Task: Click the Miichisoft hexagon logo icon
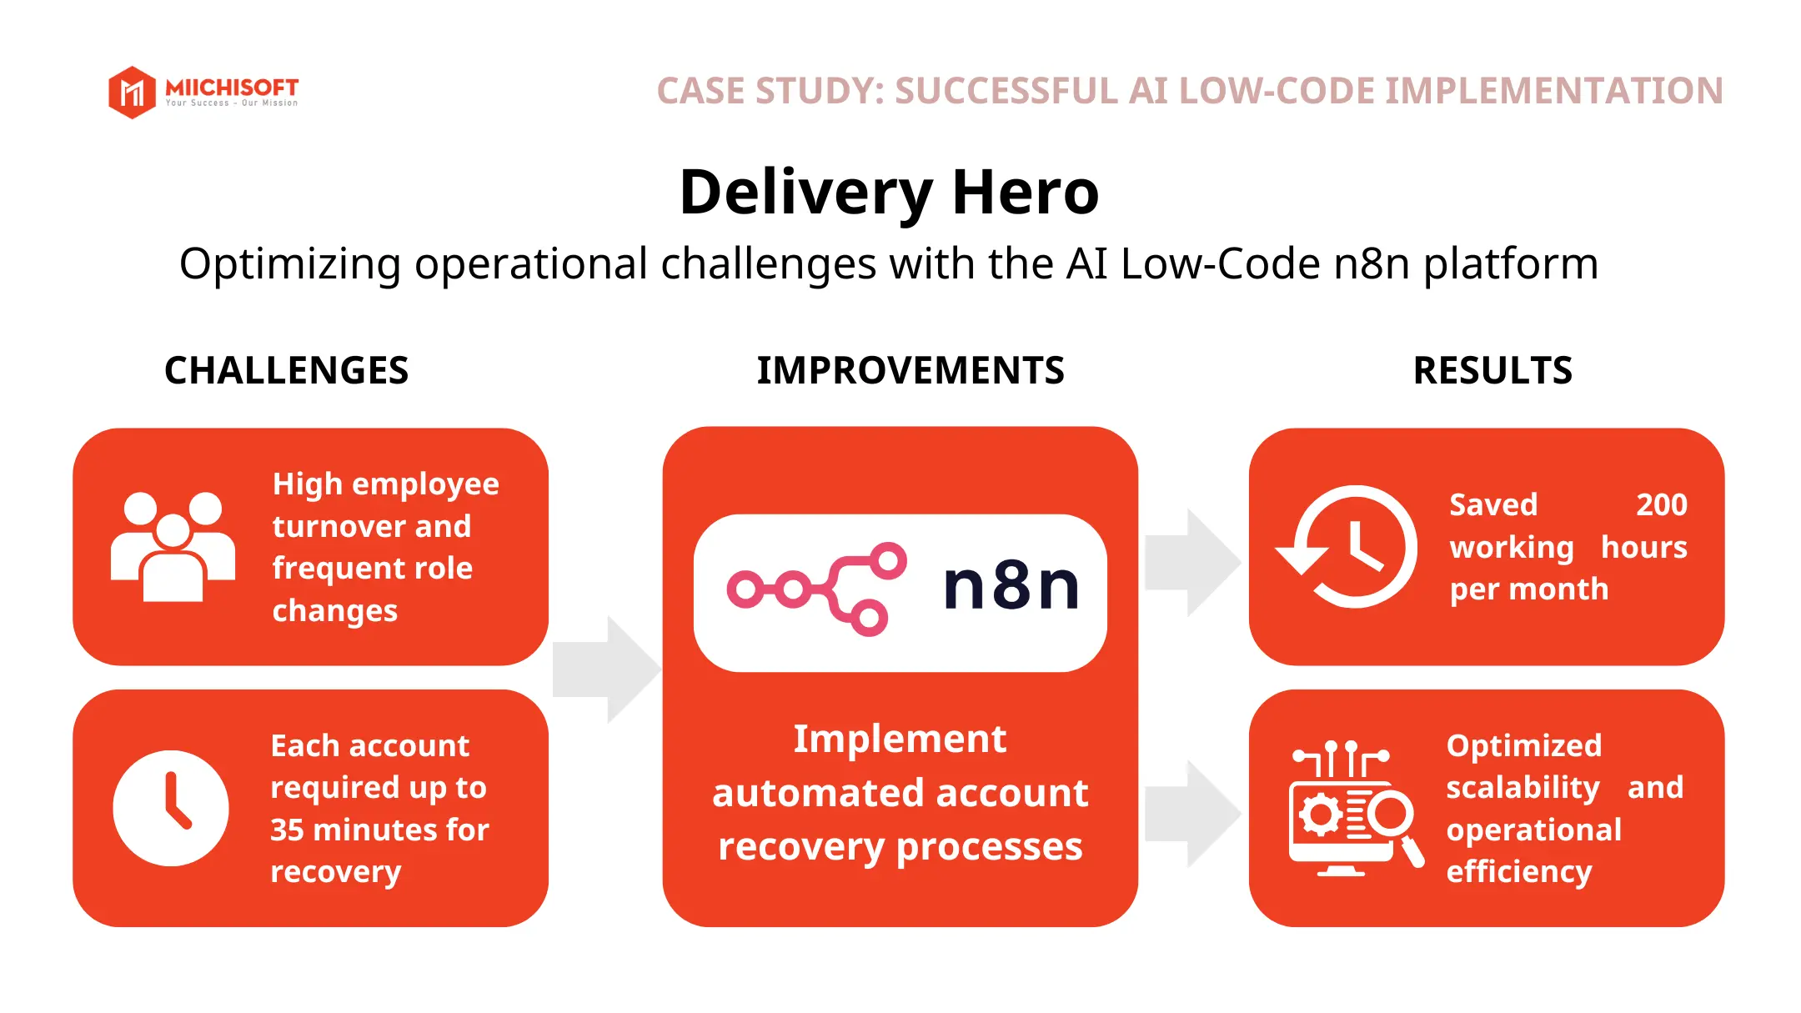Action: pos(132,92)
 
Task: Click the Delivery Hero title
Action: pos(889,193)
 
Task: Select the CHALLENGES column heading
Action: pos(286,370)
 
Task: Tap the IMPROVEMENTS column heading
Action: pos(910,370)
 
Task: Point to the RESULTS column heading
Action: pos(1492,370)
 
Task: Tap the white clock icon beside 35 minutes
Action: pos(171,808)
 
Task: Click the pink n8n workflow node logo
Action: pos(816,589)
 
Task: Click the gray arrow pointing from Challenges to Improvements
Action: pos(606,669)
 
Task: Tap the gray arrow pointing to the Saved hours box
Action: pos(1192,563)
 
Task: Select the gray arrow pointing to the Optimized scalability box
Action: pos(1192,814)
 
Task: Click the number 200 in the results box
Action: pos(1661,505)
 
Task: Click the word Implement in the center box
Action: pos(900,740)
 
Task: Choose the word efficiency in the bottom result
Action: pos(1518,872)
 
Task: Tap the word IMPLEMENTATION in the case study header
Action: pos(1553,91)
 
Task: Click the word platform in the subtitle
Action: pos(1510,264)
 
